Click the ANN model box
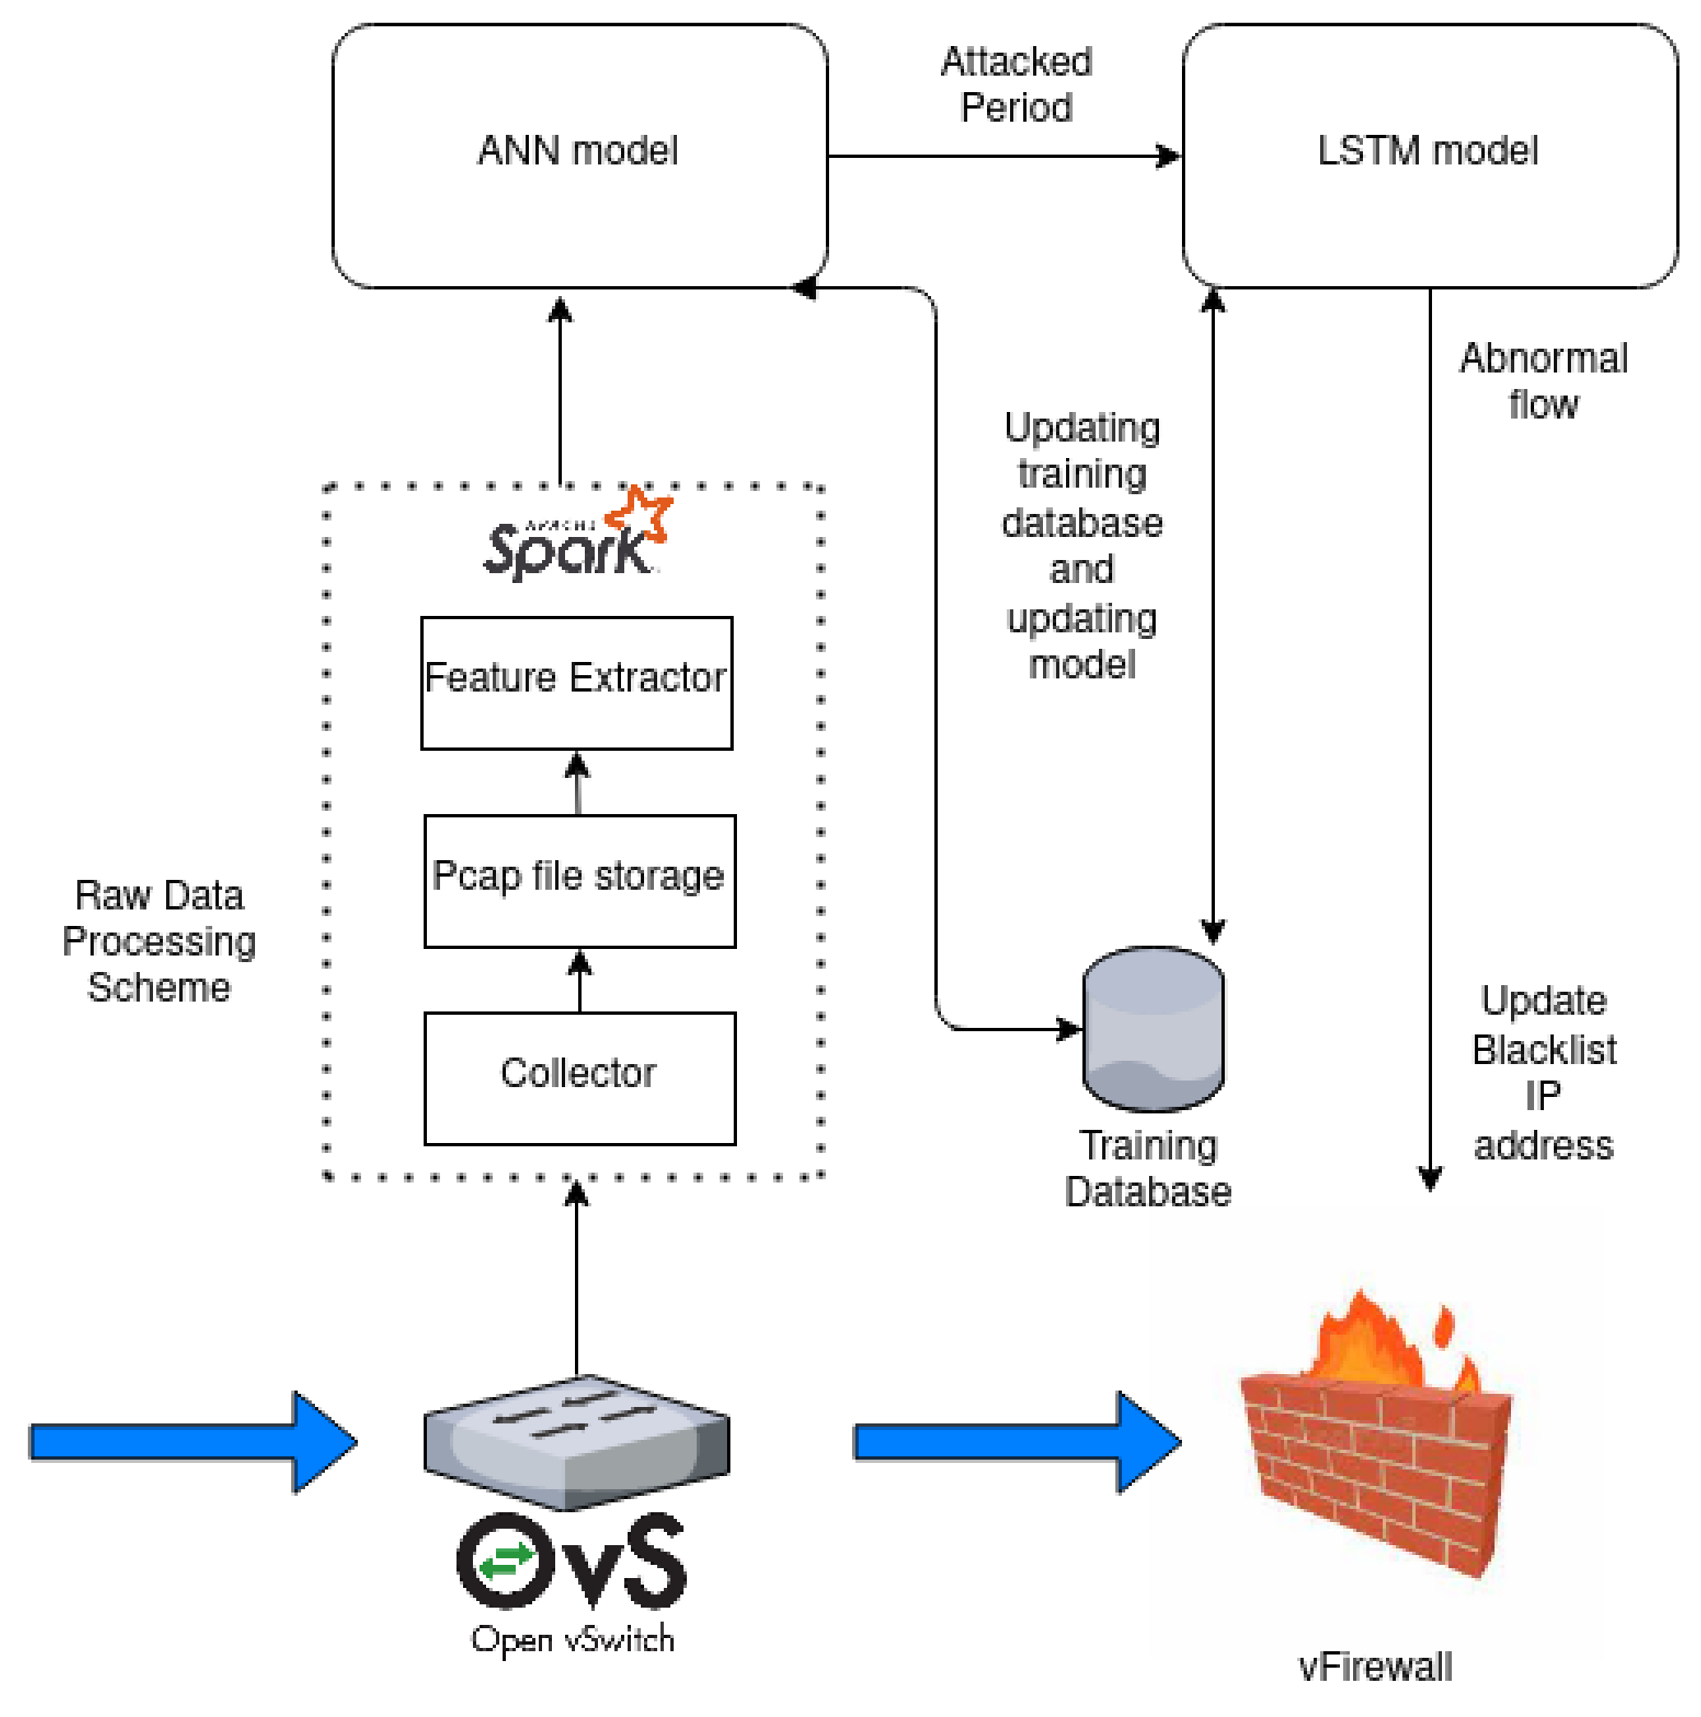(x=579, y=155)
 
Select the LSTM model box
(x=1429, y=155)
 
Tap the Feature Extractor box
(x=577, y=683)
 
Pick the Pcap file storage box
(x=579, y=881)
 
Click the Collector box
(x=579, y=1078)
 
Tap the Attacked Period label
(x=1017, y=86)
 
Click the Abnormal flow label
(x=1543, y=382)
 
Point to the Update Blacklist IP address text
(x=1543, y=1072)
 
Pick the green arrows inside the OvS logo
(x=505, y=1562)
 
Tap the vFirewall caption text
(x=1374, y=1667)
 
